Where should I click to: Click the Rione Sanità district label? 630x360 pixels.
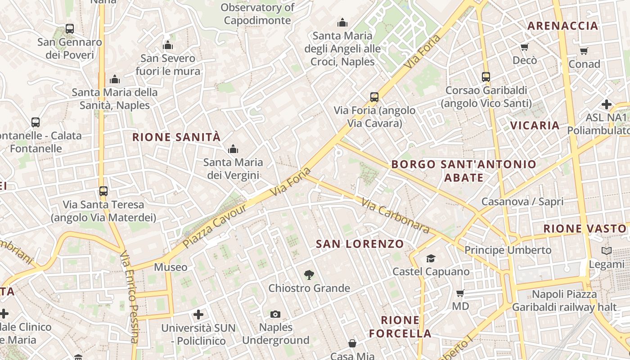coord(176,137)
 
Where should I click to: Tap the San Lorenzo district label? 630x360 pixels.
coord(360,244)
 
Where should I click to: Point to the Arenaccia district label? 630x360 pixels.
coord(562,26)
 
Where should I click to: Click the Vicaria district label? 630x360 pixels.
coord(535,126)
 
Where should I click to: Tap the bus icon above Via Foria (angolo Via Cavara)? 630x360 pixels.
coord(374,97)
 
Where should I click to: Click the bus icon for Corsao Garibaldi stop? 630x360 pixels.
coord(486,76)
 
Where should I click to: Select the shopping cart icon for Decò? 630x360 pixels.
coord(524,47)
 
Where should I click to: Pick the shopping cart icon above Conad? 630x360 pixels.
coord(584,50)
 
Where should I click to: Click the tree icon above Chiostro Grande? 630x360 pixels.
coord(309,274)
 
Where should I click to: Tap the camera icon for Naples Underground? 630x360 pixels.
coord(275,314)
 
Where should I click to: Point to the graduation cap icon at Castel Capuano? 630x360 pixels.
coord(431,258)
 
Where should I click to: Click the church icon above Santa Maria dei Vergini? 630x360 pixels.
coord(233,148)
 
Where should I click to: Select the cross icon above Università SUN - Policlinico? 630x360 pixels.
coord(198,314)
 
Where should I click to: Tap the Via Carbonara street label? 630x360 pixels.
coord(395,216)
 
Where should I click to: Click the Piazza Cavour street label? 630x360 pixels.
coord(215,226)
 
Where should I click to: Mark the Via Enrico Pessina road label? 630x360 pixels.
coord(130,297)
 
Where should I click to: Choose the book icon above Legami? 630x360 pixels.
coord(607,251)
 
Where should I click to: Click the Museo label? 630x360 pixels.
coord(171,267)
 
